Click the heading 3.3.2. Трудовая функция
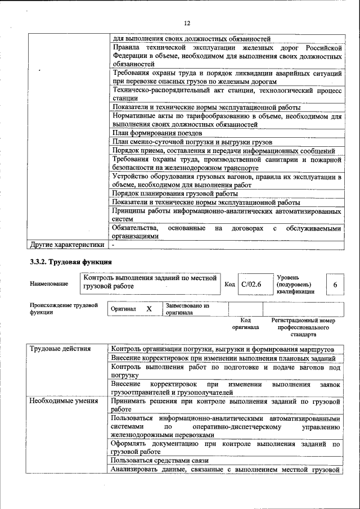71,262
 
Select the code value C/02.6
251,285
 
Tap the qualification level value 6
335,285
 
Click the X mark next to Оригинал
149,309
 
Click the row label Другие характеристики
67,245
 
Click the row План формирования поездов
157,133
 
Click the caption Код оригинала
245,323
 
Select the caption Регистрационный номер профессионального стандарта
303,327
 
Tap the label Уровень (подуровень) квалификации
295,285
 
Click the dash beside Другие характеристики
114,245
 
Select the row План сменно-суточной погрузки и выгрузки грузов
192,142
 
